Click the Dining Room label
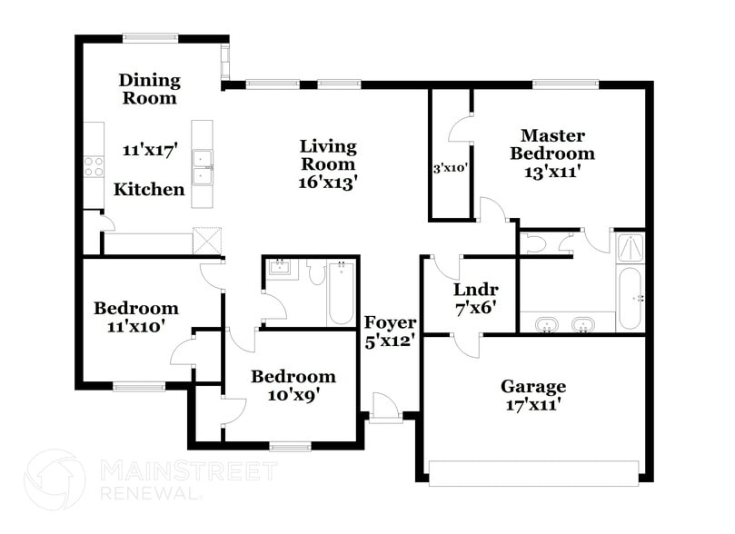pyautogui.click(x=151, y=89)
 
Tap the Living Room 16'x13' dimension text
pyautogui.click(x=328, y=181)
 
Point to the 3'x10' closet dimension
pyautogui.click(x=450, y=167)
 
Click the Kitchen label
pyautogui.click(x=149, y=190)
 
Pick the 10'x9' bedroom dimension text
pyautogui.click(x=293, y=394)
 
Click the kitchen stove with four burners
pyautogui.click(x=93, y=165)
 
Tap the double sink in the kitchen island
pyautogui.click(x=202, y=166)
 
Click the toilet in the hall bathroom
pyautogui.click(x=315, y=272)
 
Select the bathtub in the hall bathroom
pyautogui.click(x=341, y=292)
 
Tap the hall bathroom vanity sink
pyautogui.click(x=279, y=267)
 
